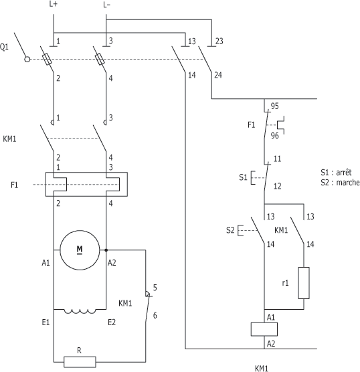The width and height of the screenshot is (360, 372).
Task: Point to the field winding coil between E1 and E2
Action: pos(80,311)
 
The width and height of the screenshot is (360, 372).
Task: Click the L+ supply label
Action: pos(54,4)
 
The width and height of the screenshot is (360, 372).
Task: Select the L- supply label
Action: pos(107,5)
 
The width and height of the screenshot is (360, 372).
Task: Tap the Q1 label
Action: pos(4,47)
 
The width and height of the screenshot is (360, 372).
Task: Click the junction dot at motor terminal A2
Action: pos(106,250)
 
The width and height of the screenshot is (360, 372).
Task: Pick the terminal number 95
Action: pos(274,106)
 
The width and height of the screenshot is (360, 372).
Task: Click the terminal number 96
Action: pos(274,136)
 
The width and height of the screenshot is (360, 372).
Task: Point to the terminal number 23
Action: pos(219,41)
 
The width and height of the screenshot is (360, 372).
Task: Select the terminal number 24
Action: pos(218,75)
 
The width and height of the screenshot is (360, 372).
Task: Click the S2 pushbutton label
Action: pos(230,230)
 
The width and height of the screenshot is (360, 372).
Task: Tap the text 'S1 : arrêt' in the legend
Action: pos(336,172)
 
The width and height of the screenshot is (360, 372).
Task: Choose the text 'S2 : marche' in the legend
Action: pos(340,182)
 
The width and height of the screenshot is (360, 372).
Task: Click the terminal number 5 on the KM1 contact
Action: pos(155,288)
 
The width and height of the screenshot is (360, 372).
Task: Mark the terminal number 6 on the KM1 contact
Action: pos(155,315)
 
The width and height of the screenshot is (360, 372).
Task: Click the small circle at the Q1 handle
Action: pos(27,60)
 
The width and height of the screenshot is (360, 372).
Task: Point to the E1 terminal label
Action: pos(46,322)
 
